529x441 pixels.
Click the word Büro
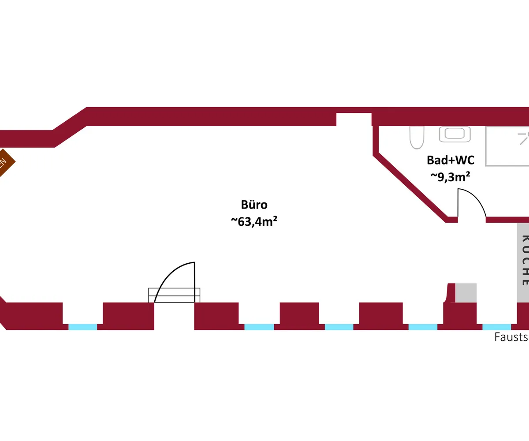tap(254, 205)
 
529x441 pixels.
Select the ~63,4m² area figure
tap(254, 221)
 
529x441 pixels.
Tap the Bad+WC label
tap(451, 160)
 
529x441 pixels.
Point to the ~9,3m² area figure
tap(450, 176)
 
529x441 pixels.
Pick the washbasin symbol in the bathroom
tap(454, 134)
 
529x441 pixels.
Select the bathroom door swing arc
tap(476, 198)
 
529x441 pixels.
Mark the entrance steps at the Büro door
tap(174, 295)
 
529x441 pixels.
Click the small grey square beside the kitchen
tap(466, 292)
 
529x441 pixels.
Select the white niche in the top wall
tap(354, 119)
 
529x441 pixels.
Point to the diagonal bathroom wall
tap(410, 185)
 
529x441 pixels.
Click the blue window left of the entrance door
tap(82, 327)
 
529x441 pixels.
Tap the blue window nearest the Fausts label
tap(497, 327)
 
